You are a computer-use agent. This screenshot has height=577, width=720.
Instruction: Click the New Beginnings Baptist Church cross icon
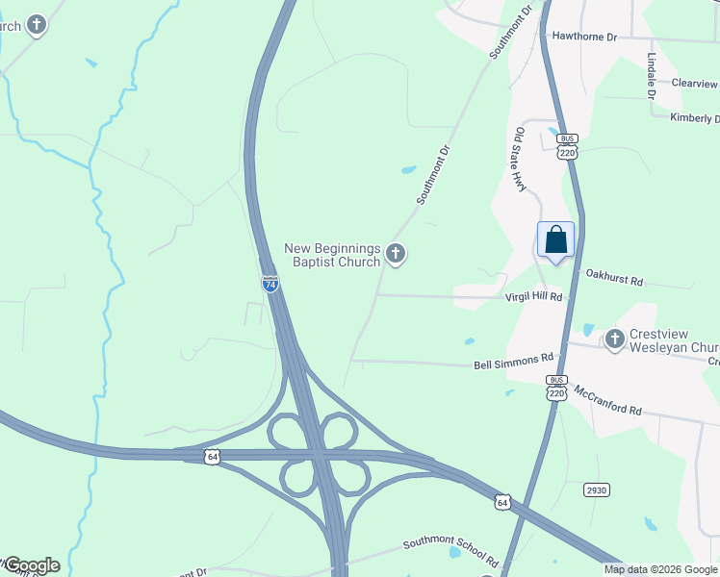[x=395, y=254]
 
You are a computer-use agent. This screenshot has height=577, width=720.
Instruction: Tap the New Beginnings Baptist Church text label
[x=333, y=255]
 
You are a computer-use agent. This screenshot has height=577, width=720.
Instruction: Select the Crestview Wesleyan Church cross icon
[x=615, y=339]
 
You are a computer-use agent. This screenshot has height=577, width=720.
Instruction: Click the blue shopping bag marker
[x=555, y=239]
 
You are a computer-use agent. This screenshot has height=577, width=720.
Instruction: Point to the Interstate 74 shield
[x=270, y=284]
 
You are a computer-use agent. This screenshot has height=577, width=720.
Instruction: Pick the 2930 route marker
[x=597, y=489]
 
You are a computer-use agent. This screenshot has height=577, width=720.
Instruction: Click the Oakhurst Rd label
[x=614, y=279]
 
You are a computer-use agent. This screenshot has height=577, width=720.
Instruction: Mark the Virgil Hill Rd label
[x=533, y=298]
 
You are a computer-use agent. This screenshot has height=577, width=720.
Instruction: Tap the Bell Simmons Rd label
[x=515, y=365]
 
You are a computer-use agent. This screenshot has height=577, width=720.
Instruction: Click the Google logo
[x=31, y=565]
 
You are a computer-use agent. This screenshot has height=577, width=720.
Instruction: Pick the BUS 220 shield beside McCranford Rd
[x=556, y=387]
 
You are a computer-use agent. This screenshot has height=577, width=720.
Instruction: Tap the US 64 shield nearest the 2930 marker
[x=501, y=501]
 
